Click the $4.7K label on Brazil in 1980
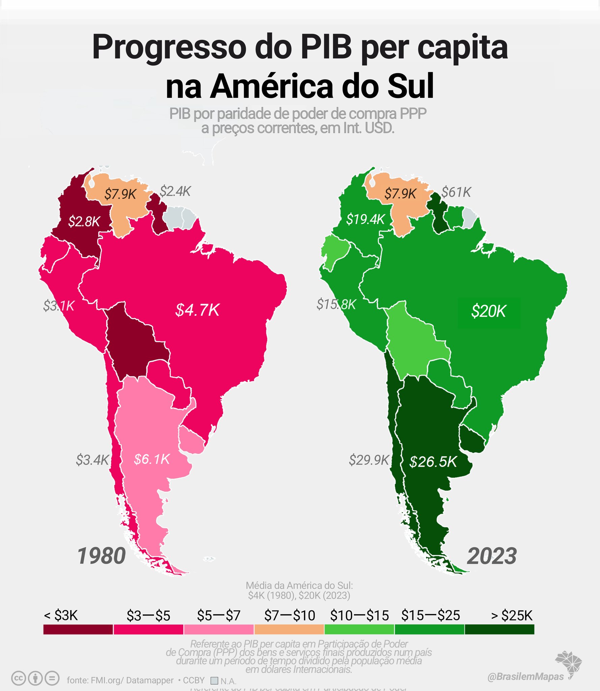[x=197, y=310]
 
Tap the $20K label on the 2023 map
[x=488, y=311]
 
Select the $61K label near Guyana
[x=456, y=192]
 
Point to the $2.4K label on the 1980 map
[x=175, y=191]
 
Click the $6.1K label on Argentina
[x=152, y=459]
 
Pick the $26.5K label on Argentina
[x=433, y=462]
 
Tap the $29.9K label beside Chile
[x=369, y=460]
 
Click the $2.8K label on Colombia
[x=84, y=222]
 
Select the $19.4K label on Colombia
[x=365, y=219]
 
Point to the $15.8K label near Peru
[x=336, y=304]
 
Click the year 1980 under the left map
[x=102, y=556]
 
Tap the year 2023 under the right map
[x=491, y=556]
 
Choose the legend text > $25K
[x=511, y=615]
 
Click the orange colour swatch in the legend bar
[x=289, y=629]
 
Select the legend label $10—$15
[x=359, y=615]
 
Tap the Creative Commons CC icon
[x=19, y=678]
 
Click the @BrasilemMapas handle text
[x=525, y=676]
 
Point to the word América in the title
[x=272, y=86]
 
